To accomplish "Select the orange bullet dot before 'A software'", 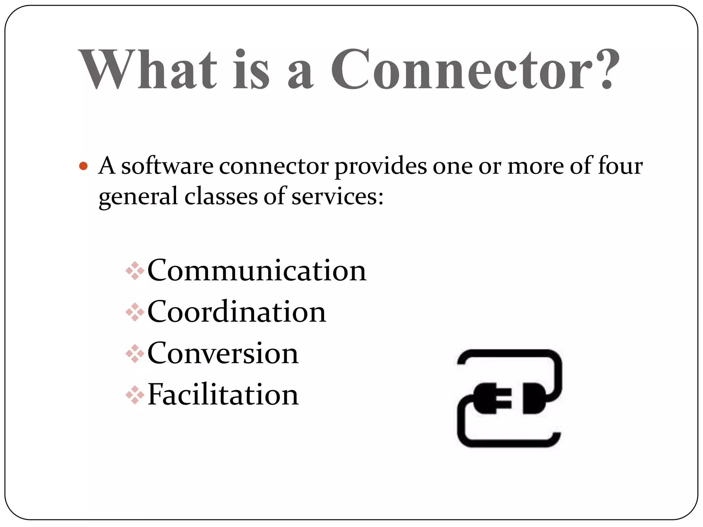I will [83, 166].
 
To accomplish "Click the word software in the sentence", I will [167, 166].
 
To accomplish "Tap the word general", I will [138, 197].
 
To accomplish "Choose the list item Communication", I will [257, 271].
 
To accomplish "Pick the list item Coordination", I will [237, 312].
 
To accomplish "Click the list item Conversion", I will [223, 353].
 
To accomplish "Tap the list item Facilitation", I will [223, 395].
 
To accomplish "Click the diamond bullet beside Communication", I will [135, 271].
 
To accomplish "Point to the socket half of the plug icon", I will [533, 398].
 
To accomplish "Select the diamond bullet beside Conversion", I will [135, 354].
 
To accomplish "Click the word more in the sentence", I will [536, 166].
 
